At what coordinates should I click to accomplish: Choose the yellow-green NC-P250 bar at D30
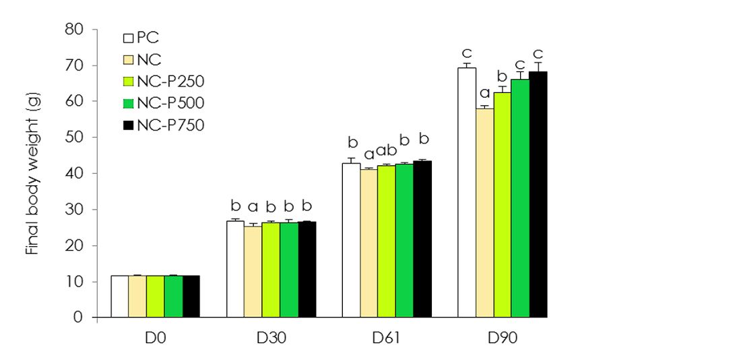click(271, 270)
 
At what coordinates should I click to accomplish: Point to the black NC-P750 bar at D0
click(191, 296)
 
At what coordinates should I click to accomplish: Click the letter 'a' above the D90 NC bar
click(484, 94)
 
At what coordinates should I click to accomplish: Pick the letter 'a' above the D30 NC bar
click(253, 206)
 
